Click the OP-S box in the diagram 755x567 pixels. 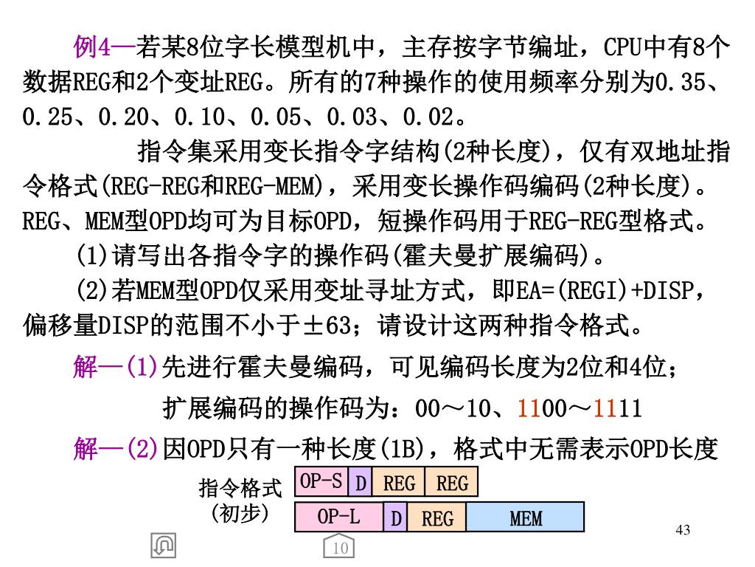(321, 481)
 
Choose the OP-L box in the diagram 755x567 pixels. (338, 517)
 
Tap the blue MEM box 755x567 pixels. (526, 518)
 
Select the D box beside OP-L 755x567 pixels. (396, 518)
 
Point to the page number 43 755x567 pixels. (683, 529)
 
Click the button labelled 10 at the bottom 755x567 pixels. (340, 547)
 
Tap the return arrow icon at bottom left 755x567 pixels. (162, 545)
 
